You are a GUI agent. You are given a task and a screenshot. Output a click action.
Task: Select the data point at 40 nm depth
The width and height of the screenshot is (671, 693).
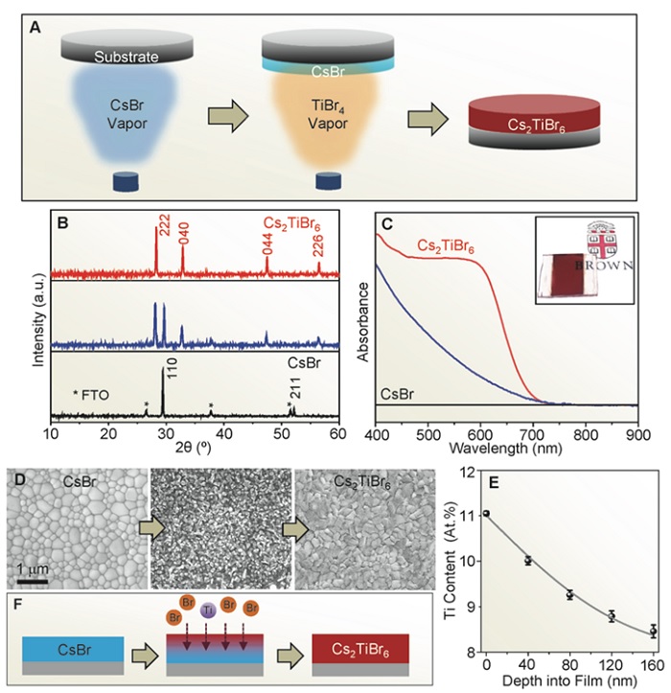click(x=526, y=561)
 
